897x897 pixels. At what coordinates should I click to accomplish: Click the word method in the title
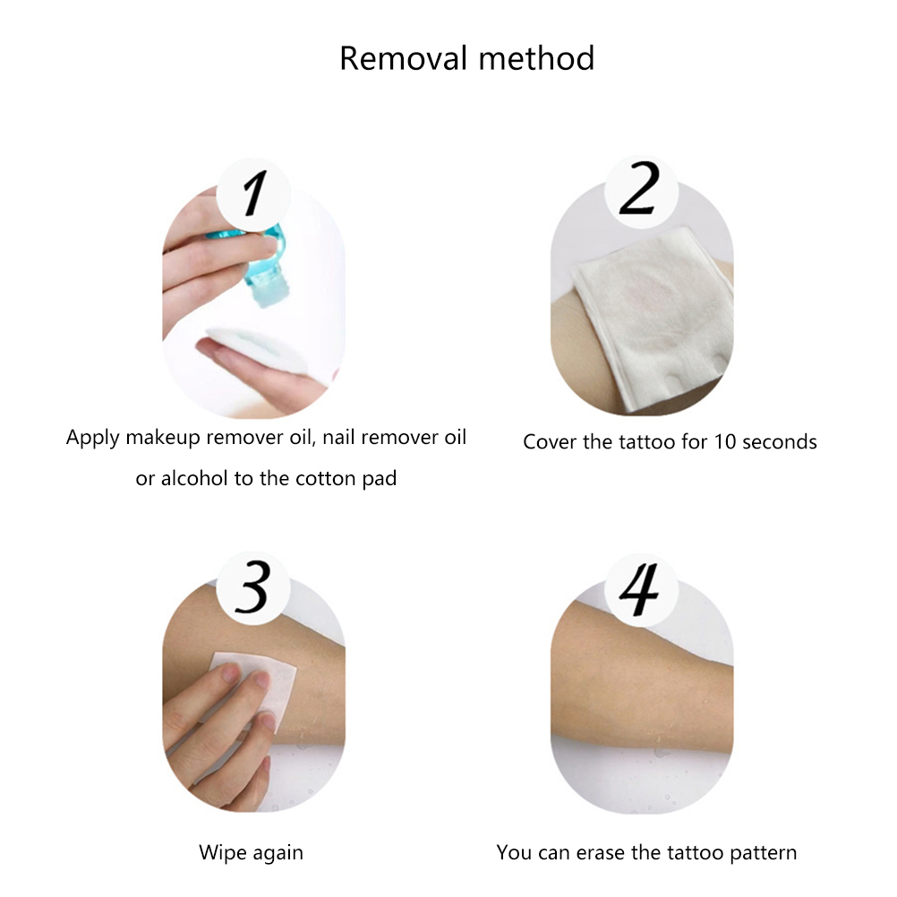pos(536,58)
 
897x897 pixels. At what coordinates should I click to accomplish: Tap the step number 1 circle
pos(252,194)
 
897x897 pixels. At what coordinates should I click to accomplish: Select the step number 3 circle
pos(252,588)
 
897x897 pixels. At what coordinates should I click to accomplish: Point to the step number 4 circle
pos(641,589)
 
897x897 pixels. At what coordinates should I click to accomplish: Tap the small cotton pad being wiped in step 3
pos(254,687)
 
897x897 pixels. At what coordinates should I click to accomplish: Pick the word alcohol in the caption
pos(194,478)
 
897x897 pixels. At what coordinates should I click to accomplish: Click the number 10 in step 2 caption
pos(725,441)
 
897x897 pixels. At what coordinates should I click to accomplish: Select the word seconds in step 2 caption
pos(780,441)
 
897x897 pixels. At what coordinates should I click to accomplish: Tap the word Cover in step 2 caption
pos(550,441)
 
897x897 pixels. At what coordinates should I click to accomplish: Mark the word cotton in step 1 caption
pos(329,479)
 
